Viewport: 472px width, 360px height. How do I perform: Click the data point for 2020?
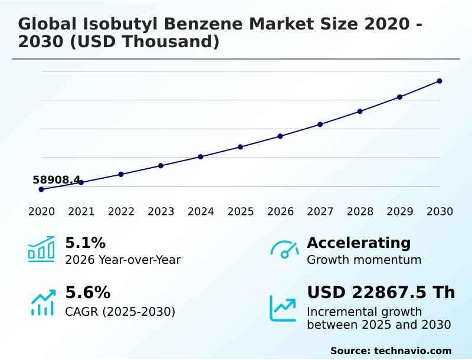[x=41, y=189]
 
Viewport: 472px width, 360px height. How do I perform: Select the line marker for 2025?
[x=241, y=147]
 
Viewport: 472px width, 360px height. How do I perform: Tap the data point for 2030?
[x=440, y=81]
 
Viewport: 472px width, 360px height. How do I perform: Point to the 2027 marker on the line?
[x=320, y=125]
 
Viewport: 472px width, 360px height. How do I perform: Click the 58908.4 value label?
[x=56, y=180]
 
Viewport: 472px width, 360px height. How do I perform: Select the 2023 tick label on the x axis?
[x=161, y=212]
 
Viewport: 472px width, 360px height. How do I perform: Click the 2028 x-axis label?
[x=360, y=212]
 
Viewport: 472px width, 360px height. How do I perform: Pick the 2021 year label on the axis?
[x=81, y=212]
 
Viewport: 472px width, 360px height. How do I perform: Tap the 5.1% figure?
[x=85, y=243]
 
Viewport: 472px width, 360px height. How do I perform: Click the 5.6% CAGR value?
[x=87, y=293]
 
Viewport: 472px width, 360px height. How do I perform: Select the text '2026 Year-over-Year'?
[x=123, y=260]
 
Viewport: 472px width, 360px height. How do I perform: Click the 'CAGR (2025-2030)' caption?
[x=120, y=312]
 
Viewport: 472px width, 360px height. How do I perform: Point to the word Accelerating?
[x=359, y=243]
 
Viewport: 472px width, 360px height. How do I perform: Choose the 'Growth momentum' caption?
[x=364, y=260]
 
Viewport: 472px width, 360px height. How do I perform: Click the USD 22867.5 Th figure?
[x=381, y=293]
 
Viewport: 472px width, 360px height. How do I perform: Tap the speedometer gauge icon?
[x=284, y=250]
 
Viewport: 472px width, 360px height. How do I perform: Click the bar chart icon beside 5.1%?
[x=41, y=249]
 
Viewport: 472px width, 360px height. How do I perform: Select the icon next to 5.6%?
[x=42, y=303]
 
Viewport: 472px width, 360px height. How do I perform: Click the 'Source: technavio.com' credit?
[x=391, y=351]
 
